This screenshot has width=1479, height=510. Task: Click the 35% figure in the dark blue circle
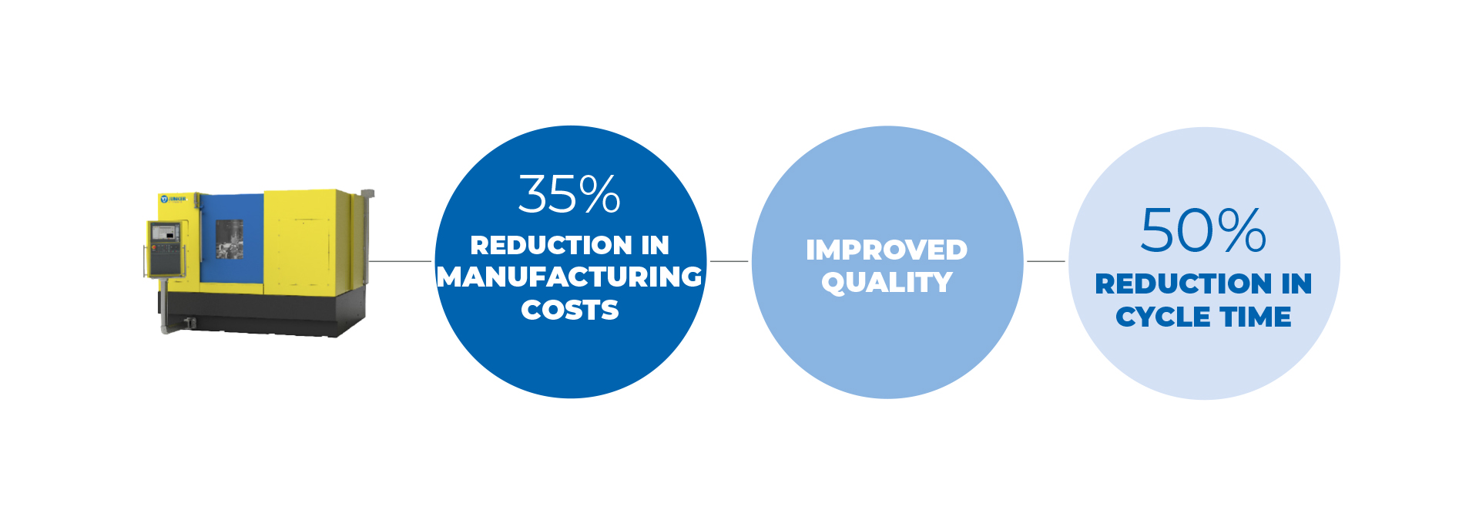click(569, 194)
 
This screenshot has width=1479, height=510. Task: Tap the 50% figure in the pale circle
click(1203, 230)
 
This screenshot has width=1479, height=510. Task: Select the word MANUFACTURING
click(569, 277)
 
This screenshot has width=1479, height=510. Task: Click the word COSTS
click(570, 310)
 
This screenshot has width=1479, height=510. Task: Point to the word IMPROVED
click(887, 250)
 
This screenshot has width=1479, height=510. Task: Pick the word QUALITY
click(887, 283)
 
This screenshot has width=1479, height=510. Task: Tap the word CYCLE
click(1163, 317)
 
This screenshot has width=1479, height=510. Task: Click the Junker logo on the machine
click(173, 199)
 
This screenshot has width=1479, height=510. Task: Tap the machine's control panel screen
click(164, 231)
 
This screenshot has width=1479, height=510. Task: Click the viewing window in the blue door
click(230, 238)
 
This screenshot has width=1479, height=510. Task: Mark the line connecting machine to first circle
click(400, 261)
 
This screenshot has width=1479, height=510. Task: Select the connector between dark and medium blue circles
click(729, 261)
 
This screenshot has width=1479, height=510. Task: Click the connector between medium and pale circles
click(1046, 261)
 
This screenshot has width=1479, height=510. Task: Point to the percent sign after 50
click(1243, 230)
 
